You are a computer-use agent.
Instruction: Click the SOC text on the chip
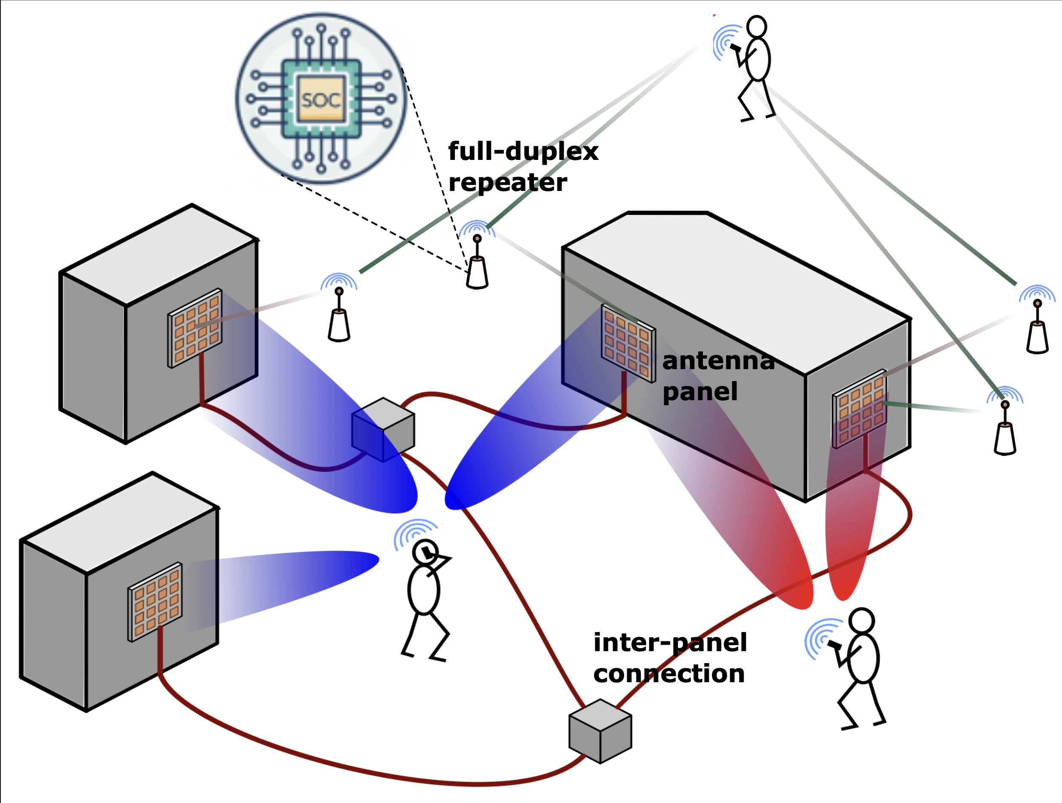click(x=321, y=100)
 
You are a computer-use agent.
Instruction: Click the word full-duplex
click(x=523, y=152)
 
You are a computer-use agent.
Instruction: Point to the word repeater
click(x=508, y=183)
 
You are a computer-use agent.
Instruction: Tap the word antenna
click(x=718, y=361)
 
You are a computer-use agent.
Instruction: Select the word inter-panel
click(x=670, y=643)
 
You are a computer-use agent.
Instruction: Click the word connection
click(x=669, y=674)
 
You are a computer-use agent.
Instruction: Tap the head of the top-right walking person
click(x=757, y=27)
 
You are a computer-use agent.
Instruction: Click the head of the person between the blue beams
click(x=425, y=552)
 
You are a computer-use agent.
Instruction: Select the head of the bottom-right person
click(x=862, y=620)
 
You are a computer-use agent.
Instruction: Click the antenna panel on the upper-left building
click(x=195, y=328)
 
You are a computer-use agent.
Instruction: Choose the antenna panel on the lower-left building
click(x=155, y=601)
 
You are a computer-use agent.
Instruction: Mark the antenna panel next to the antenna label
click(x=628, y=344)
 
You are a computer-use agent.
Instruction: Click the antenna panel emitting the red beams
click(x=859, y=408)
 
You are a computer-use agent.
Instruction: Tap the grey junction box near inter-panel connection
click(x=600, y=731)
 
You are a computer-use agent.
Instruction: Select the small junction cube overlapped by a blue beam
click(x=383, y=429)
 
